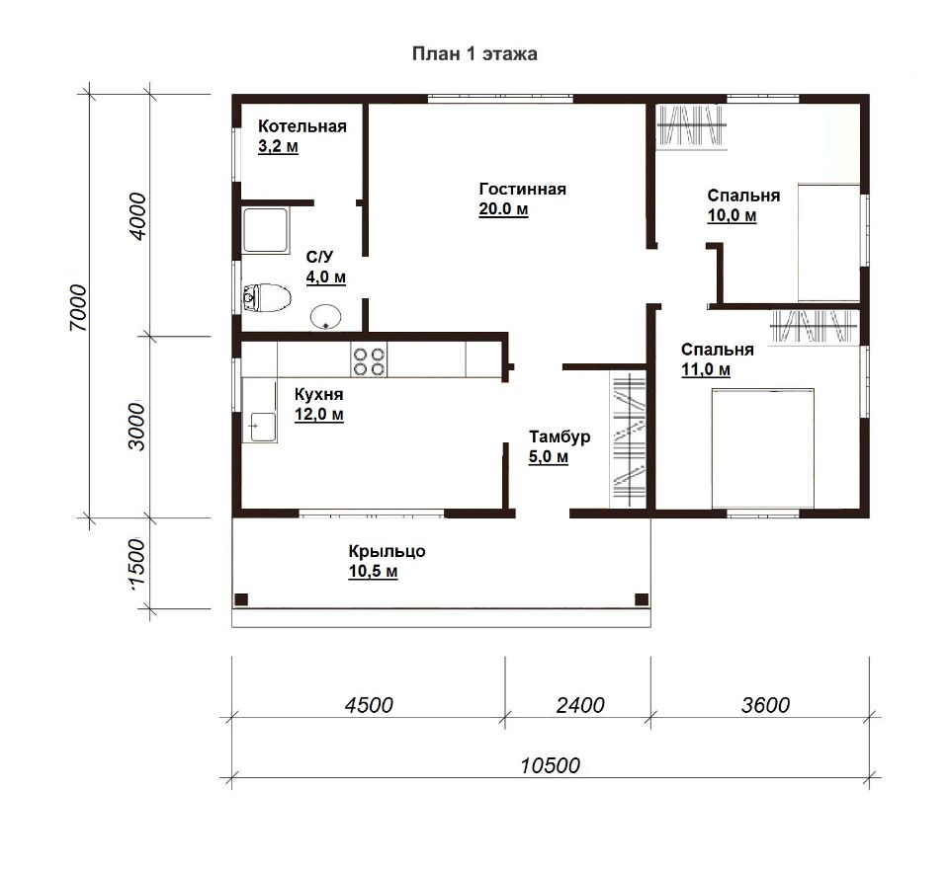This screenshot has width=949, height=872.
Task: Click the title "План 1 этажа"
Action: tap(474, 53)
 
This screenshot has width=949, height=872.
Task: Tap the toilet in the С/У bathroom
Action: tap(266, 297)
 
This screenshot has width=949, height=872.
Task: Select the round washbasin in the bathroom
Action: tap(326, 316)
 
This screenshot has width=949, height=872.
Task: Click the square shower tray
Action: tap(266, 230)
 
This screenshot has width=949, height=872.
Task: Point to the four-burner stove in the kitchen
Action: tap(369, 361)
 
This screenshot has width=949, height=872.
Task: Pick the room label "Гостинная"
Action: tap(522, 190)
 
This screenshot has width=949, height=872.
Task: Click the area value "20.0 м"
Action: tap(503, 209)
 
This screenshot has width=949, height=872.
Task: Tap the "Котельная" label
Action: tap(302, 126)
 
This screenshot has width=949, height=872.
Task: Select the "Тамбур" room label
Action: tap(560, 436)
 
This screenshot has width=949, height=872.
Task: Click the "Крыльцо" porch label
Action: tap(387, 551)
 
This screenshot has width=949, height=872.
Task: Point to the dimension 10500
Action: tap(551, 766)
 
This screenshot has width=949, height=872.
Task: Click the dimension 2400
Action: tap(580, 705)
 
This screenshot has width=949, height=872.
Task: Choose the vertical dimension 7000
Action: tap(79, 307)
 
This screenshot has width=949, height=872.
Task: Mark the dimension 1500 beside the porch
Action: tap(137, 562)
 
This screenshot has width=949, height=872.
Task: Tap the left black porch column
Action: tap(241, 599)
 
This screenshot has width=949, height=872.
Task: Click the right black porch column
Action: tap(642, 599)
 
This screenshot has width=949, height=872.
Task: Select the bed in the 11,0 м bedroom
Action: tap(762, 448)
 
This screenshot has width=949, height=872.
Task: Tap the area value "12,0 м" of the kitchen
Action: tap(319, 415)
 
